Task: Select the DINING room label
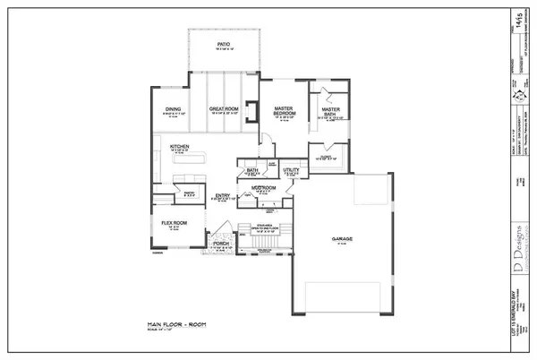pyautogui.click(x=173, y=110)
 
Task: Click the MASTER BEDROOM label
pyautogui.click(x=284, y=111)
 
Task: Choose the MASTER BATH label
pyautogui.click(x=327, y=111)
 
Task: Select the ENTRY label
pyautogui.click(x=223, y=196)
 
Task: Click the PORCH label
pyautogui.click(x=220, y=244)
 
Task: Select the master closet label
pyautogui.click(x=324, y=158)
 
